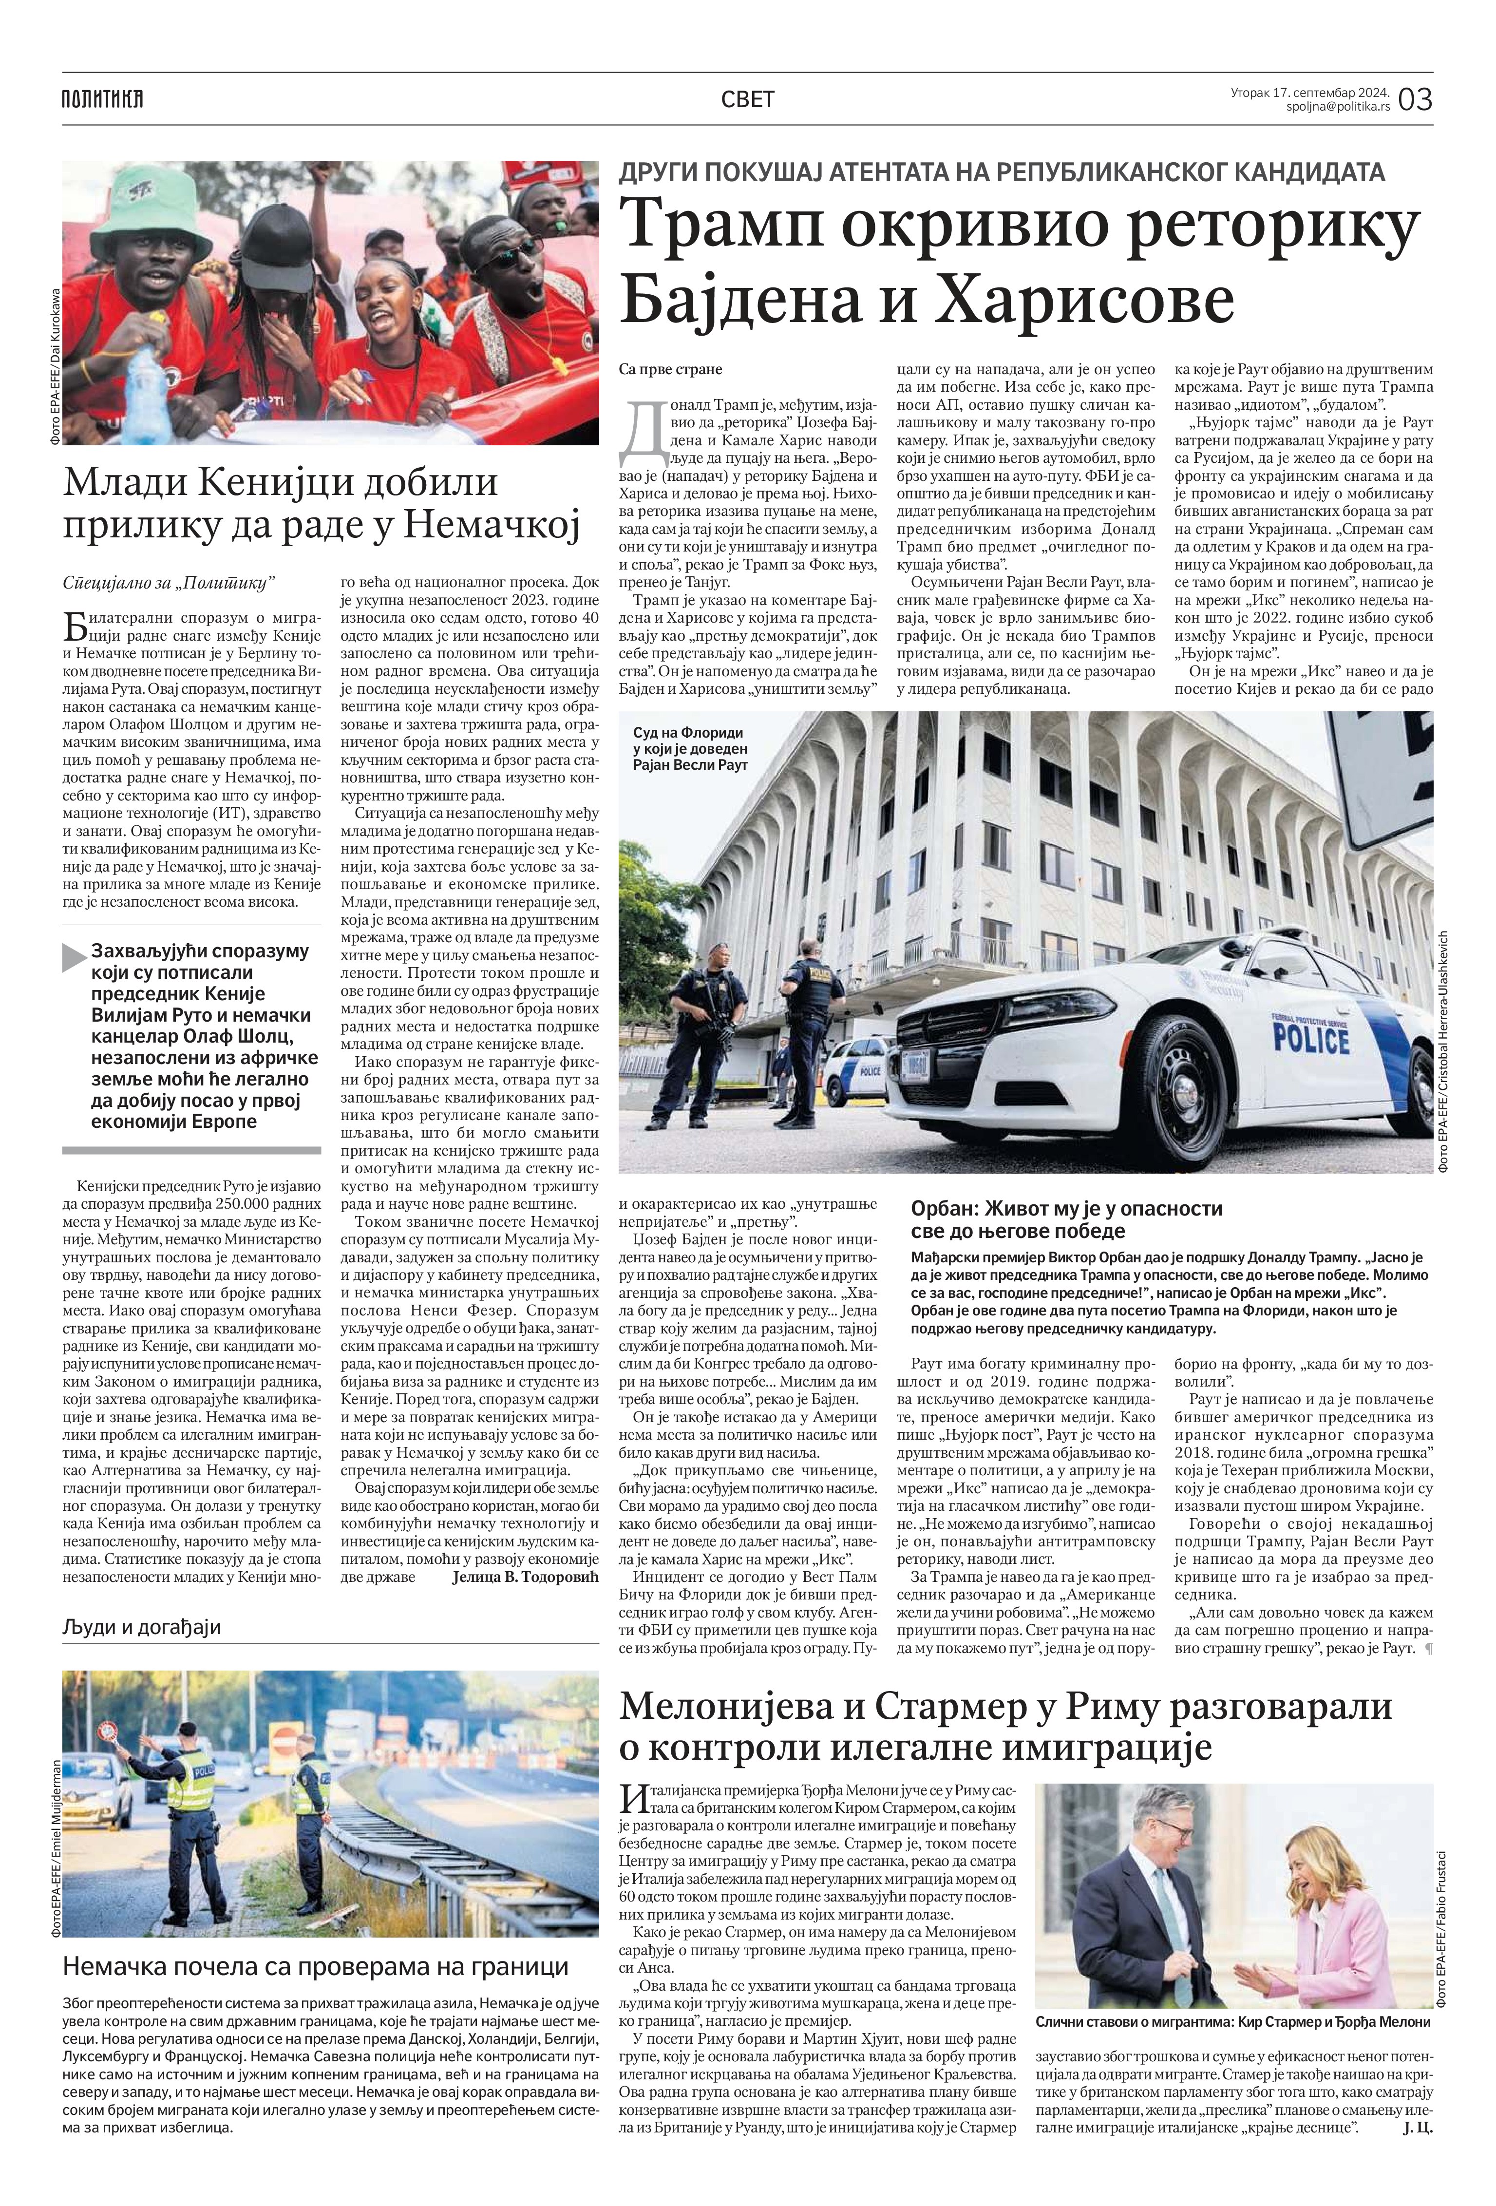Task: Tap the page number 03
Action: click(x=1414, y=99)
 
